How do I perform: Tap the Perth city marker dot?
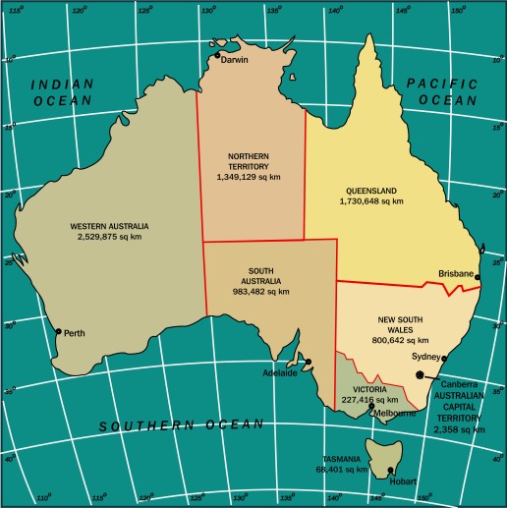58,331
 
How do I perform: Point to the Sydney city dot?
443,359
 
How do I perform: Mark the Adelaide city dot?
308,362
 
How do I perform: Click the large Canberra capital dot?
421,374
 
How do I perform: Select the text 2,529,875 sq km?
109,238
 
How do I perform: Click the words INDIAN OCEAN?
62,92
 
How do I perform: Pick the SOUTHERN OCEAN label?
181,426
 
